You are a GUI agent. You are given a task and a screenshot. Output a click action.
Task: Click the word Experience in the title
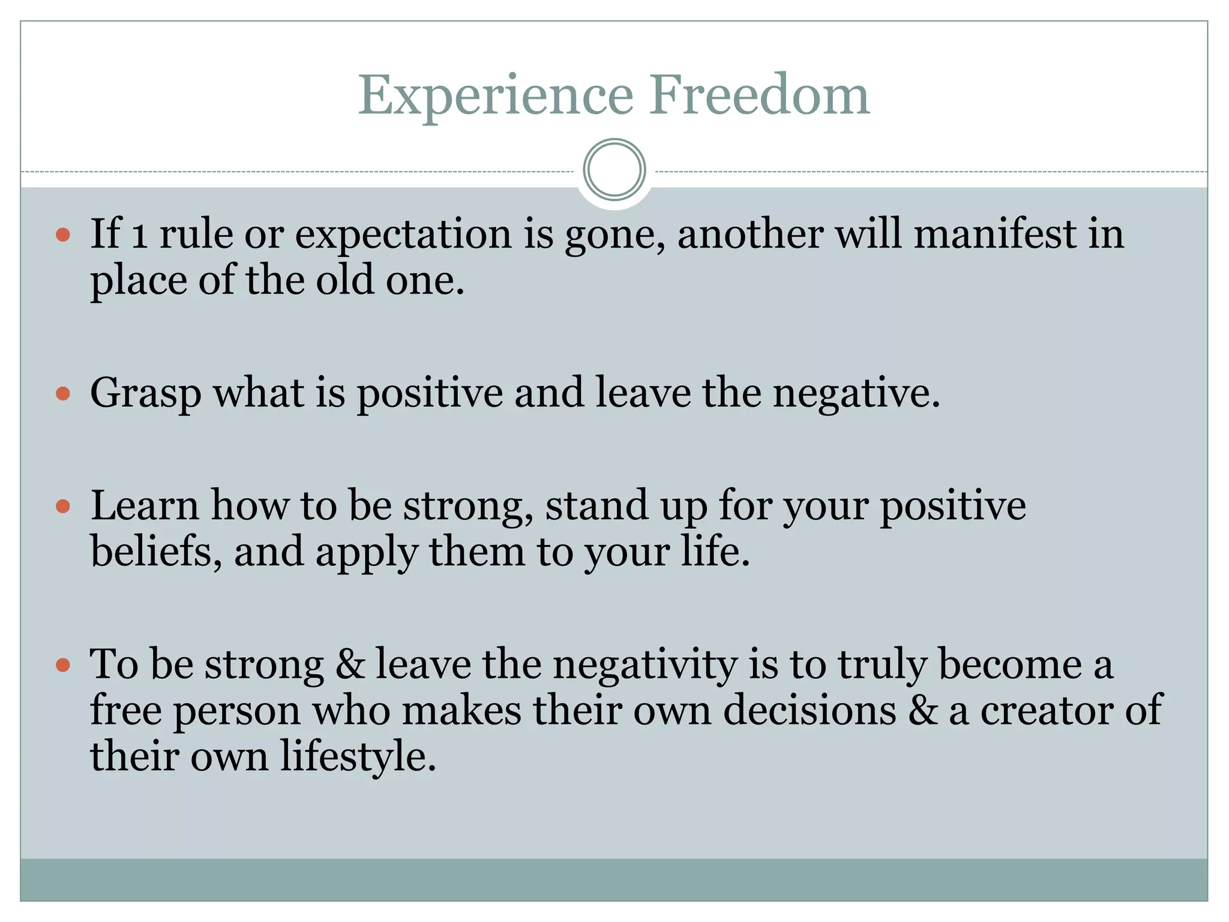[x=496, y=96]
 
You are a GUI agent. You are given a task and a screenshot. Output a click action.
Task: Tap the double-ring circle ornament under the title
[x=614, y=170]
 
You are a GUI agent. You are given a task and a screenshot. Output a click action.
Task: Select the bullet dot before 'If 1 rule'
[x=63, y=234]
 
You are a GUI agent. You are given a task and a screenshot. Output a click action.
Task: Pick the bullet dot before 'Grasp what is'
[x=63, y=394]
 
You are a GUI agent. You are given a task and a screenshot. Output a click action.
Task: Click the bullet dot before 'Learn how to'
[x=63, y=506]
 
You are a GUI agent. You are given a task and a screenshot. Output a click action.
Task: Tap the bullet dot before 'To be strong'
[x=63, y=665]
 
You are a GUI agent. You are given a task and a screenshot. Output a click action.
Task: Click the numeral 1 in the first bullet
[x=139, y=235]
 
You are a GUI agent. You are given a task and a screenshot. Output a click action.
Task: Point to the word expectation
[x=403, y=235]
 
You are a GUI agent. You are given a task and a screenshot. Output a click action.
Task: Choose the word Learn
[x=144, y=506]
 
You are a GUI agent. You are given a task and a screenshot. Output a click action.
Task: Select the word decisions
[x=810, y=711]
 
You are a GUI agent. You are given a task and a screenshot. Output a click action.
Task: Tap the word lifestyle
[x=358, y=757]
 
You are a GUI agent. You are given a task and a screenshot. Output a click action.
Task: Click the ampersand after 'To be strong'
[x=350, y=665]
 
